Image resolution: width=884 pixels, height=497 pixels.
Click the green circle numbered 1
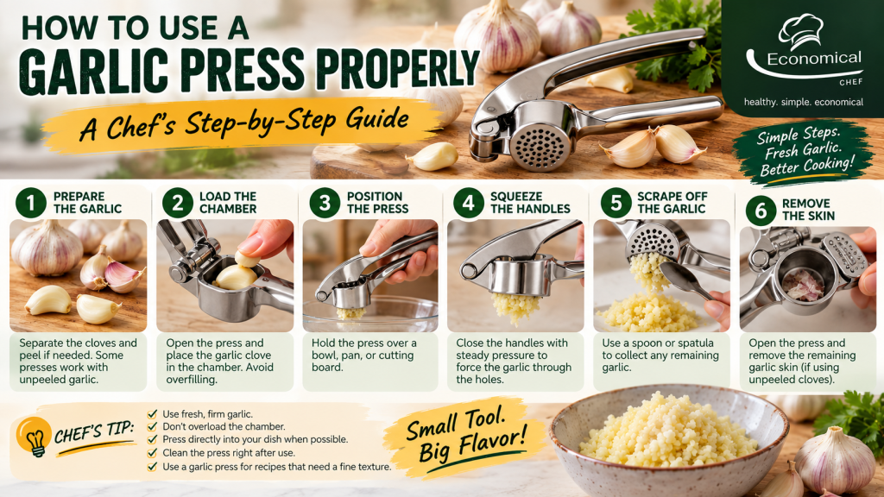tap(30, 203)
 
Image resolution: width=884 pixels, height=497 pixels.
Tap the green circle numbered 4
tap(469, 203)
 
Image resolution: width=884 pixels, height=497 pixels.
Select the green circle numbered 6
tap(761, 211)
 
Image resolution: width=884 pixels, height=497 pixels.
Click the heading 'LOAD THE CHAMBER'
tap(228, 203)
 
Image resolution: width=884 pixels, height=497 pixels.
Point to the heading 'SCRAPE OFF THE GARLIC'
tap(672, 203)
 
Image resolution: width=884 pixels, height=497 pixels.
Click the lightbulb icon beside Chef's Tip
tap(35, 437)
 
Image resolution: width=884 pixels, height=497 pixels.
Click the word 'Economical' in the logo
tap(814, 59)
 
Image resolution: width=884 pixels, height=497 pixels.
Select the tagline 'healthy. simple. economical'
tap(804, 102)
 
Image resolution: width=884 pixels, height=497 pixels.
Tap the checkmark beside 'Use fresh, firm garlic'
tap(152, 413)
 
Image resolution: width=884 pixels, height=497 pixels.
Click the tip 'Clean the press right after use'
tap(228, 452)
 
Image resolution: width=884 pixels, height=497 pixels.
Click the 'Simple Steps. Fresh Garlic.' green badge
tap(804, 152)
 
